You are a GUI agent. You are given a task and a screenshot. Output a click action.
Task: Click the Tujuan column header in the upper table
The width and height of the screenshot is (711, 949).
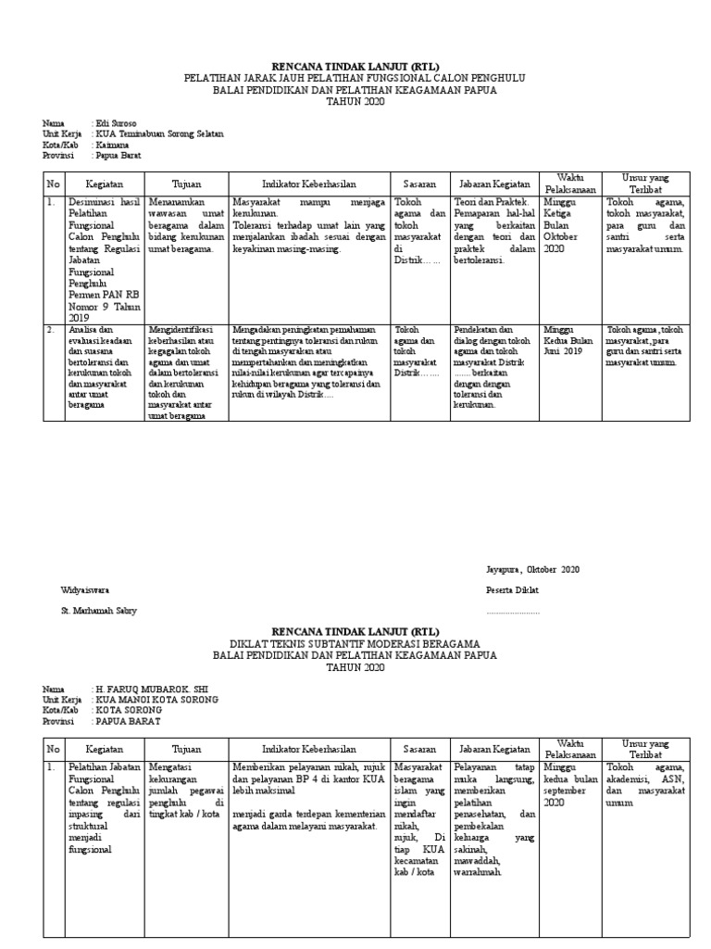tap(187, 183)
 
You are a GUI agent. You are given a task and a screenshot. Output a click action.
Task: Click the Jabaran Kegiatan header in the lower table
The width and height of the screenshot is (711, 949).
tap(492, 749)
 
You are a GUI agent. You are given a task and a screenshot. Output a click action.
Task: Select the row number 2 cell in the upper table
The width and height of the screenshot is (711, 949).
tap(54, 329)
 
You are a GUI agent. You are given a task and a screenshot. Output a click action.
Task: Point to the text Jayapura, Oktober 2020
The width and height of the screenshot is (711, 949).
tap(533, 570)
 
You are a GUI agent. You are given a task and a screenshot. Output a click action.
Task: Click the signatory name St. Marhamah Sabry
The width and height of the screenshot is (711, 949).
tap(102, 611)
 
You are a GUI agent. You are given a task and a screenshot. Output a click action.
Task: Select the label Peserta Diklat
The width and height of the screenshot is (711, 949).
tap(513, 590)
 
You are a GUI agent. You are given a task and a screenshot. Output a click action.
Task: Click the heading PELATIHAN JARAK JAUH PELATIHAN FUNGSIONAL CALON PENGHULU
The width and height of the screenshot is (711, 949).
tap(354, 79)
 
